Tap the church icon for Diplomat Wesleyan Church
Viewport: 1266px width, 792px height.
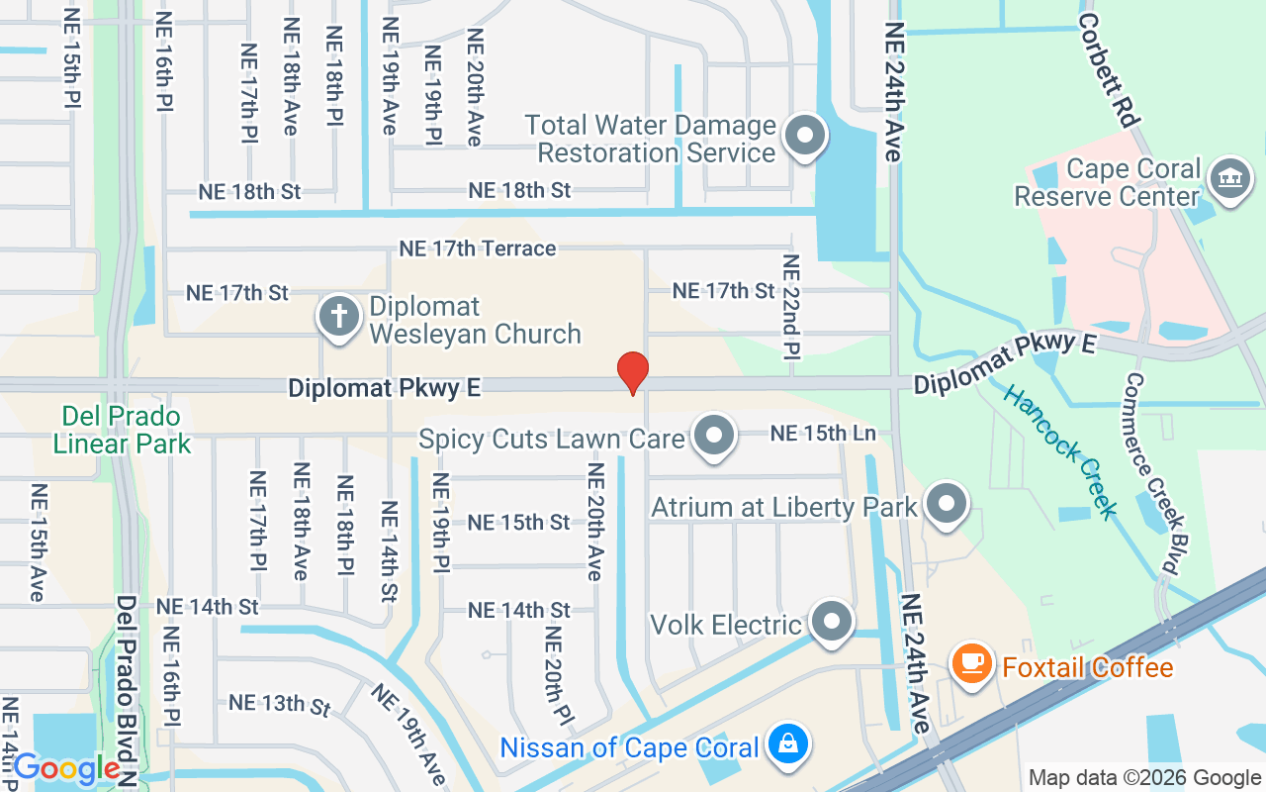tap(338, 319)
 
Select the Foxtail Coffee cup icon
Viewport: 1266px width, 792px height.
tap(972, 662)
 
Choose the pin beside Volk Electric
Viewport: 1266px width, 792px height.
tap(832, 622)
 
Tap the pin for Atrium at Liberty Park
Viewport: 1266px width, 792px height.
tap(948, 504)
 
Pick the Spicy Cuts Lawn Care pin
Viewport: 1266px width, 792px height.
tap(713, 436)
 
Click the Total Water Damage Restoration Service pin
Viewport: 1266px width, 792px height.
tap(804, 136)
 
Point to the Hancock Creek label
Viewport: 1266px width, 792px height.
tap(1059, 449)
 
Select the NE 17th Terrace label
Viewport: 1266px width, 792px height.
tap(477, 248)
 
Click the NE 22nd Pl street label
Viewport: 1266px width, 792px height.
tap(790, 307)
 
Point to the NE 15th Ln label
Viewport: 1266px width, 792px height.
tap(823, 434)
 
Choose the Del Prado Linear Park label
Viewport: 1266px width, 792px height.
tap(122, 429)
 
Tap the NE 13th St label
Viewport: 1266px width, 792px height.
tap(280, 704)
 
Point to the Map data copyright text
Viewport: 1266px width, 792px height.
tap(1144, 778)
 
